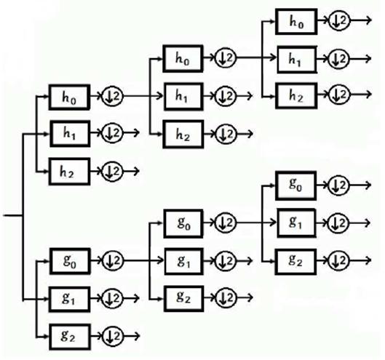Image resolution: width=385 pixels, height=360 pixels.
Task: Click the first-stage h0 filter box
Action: pos(69,97)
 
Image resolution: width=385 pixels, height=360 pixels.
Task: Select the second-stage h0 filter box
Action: pos(183,59)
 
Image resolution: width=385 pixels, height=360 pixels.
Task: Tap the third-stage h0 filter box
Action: pos(296,22)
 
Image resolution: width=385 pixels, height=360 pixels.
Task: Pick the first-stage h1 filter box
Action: pos(70,134)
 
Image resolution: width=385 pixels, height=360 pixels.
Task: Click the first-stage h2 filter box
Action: pos(69,172)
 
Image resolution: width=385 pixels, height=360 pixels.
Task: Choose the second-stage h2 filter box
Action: pos(183,135)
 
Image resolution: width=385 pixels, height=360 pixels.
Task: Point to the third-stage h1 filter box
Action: pos(297,60)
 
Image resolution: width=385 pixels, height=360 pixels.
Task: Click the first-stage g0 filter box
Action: pos(70,261)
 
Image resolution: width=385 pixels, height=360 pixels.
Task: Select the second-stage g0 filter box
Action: pos(183,223)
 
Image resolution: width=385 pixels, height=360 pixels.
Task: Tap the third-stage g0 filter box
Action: pos(295,185)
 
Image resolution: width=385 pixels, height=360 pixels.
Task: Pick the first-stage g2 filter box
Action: pos(70,337)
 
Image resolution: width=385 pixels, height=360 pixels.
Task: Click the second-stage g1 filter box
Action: pos(184,261)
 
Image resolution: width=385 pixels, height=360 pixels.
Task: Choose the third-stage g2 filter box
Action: pos(295,262)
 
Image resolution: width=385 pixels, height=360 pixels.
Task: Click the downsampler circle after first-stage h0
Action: pos(113,96)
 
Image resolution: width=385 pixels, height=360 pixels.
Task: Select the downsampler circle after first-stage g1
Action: pos(113,298)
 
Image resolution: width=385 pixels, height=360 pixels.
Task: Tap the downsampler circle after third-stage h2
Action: pos(339,95)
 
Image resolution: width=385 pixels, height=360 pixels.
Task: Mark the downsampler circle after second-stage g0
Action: pos(226,223)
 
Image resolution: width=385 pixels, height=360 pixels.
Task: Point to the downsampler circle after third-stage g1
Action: pos(339,223)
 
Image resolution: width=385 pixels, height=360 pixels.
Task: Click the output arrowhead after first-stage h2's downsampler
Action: pos(137,171)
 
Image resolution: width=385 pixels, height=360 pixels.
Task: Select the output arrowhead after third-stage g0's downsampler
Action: pos(368,185)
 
